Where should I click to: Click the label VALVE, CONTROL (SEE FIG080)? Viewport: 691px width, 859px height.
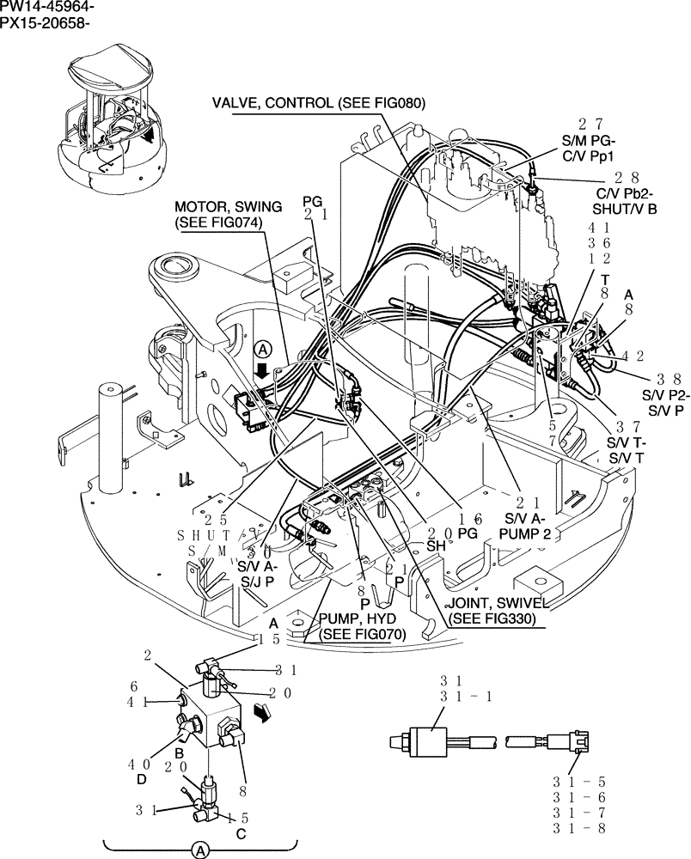319,104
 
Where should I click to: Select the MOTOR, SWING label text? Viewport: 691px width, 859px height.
219,207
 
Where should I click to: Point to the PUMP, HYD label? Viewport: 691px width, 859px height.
362,618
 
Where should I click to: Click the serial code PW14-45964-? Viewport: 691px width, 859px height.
48,8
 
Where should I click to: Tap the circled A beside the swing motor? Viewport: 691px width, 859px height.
263,349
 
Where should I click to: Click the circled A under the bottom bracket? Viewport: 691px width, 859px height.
200,849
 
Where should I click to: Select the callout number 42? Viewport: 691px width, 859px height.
634,355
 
